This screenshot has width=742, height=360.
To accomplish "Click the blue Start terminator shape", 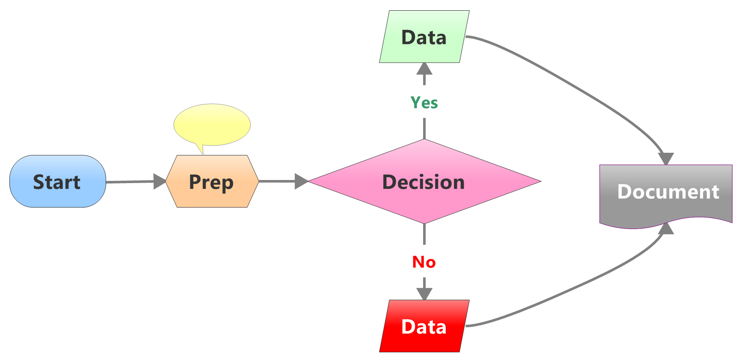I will pos(58,181).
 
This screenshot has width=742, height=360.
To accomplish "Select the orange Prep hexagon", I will pos(212,181).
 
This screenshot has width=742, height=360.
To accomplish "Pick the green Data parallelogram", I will pos(424,37).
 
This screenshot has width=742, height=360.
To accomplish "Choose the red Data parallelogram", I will pos(424,326).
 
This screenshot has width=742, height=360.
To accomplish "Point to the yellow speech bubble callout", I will pos(212,124).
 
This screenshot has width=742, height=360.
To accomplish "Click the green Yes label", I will pos(424,103).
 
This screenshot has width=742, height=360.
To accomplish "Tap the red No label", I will pos(424,262).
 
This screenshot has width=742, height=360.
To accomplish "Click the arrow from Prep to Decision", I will pos(277,181).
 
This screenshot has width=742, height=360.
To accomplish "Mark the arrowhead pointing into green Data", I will pos(424,69).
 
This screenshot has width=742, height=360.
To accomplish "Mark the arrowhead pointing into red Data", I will pos(424,293).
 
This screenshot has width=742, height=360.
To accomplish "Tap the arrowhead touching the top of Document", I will pos(666,159).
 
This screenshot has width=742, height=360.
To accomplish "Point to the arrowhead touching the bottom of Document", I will pos(666,228).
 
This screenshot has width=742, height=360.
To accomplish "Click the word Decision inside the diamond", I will pos(423,182).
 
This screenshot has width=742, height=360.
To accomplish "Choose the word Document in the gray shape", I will pos(668,192).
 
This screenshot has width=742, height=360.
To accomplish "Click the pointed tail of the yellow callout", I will pos(201,149).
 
